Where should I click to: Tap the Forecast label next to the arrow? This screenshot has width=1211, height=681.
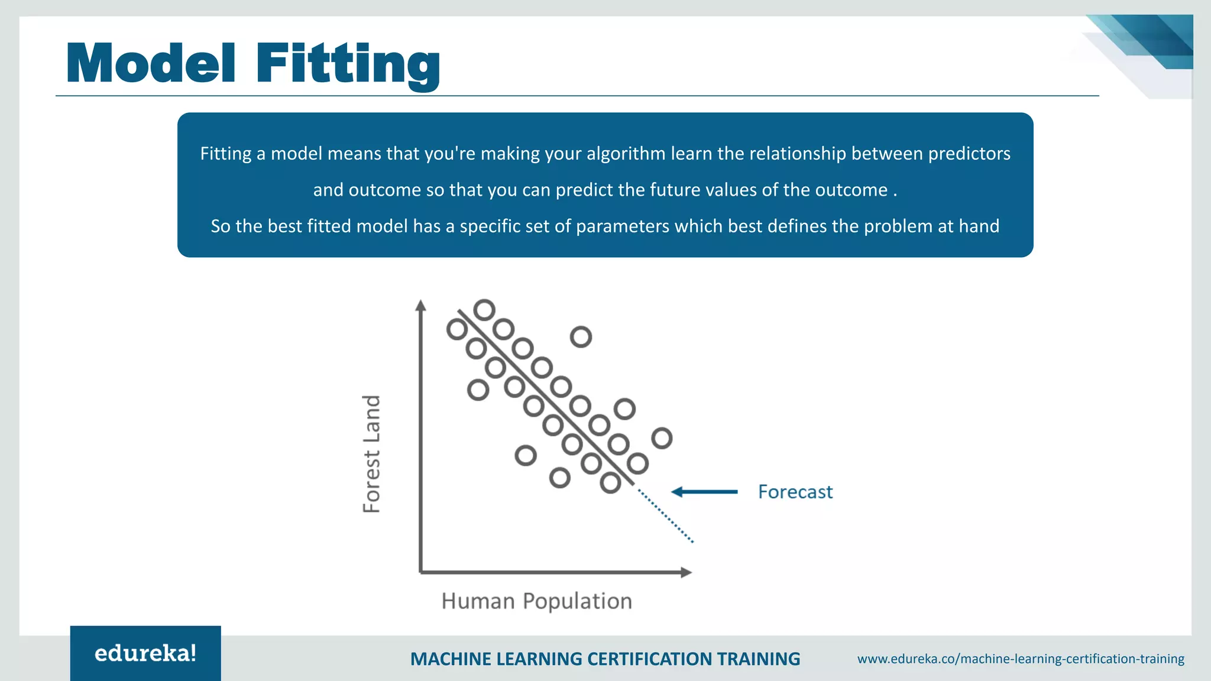[795, 492]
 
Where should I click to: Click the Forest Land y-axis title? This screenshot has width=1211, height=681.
[371, 454]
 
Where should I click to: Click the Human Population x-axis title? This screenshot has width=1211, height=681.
[536, 601]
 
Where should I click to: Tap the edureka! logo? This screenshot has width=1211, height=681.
[145, 653]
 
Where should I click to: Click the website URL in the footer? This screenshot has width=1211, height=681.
[1021, 659]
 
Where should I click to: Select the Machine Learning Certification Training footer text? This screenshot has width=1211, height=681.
[605, 659]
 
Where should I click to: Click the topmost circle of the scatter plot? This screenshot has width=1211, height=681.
[484, 310]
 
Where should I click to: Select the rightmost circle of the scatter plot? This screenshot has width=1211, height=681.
[662, 439]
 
